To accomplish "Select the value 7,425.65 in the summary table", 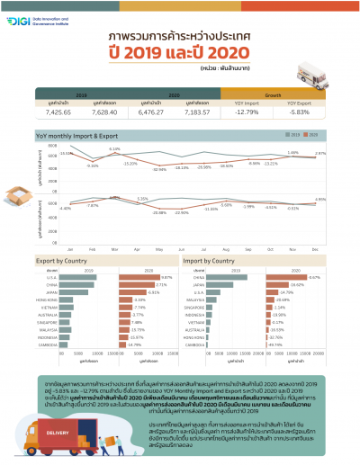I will (57, 112).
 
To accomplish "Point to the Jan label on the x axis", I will (70, 248).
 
